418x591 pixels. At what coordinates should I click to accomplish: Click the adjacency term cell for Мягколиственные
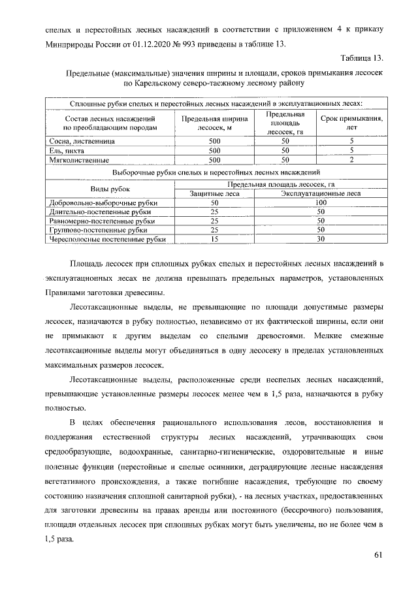coord(351,159)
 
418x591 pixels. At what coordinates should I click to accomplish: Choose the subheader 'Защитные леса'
coord(214,193)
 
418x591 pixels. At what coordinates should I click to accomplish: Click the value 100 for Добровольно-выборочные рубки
coord(320,203)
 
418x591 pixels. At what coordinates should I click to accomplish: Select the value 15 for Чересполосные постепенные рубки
coord(214,239)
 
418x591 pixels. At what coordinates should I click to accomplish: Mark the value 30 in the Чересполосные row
coord(320,239)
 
